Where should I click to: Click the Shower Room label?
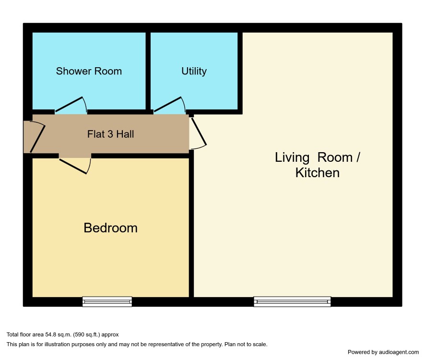tap(89, 71)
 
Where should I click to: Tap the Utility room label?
tap(194, 71)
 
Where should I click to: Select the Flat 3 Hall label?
tap(111, 134)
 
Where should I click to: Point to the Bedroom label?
tap(111, 228)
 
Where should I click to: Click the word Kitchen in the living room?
tap(318, 173)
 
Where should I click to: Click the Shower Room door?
tap(71, 105)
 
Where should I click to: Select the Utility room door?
tap(170, 105)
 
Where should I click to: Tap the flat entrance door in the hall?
tap(37, 137)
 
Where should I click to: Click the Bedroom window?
tap(107, 301)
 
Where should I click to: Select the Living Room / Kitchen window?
tap(292, 301)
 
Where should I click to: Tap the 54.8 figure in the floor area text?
tap(50, 335)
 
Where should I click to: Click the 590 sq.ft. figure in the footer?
tap(87, 335)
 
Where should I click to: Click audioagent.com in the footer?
tap(399, 352)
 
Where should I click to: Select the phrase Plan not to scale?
tap(246, 344)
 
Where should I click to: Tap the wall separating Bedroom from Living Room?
tap(191, 224)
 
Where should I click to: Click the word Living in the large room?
tap(292, 158)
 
